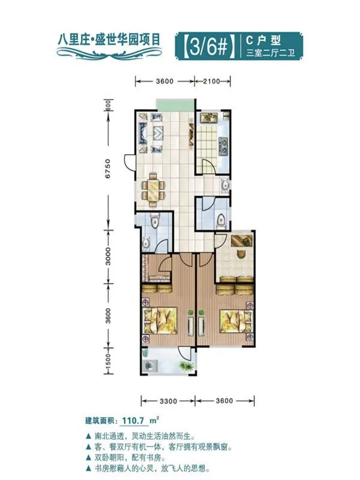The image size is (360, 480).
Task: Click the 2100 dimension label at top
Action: (212, 82)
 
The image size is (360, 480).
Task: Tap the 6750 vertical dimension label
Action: (108, 169)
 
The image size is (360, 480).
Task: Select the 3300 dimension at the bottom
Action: (169, 401)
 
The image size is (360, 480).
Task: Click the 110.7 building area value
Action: (133, 421)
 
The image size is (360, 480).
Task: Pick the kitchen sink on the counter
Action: (208, 118)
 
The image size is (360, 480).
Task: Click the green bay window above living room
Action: (175, 106)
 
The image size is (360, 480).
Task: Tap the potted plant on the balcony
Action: (187, 366)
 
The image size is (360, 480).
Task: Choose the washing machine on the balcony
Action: (150, 365)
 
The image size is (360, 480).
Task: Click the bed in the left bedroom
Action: (160, 320)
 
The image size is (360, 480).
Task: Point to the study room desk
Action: (242, 240)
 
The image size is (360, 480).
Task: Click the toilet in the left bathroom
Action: (155, 220)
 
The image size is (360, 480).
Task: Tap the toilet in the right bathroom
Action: (221, 220)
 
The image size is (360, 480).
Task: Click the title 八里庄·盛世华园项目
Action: (109, 40)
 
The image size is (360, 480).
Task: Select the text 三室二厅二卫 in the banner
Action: (271, 53)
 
